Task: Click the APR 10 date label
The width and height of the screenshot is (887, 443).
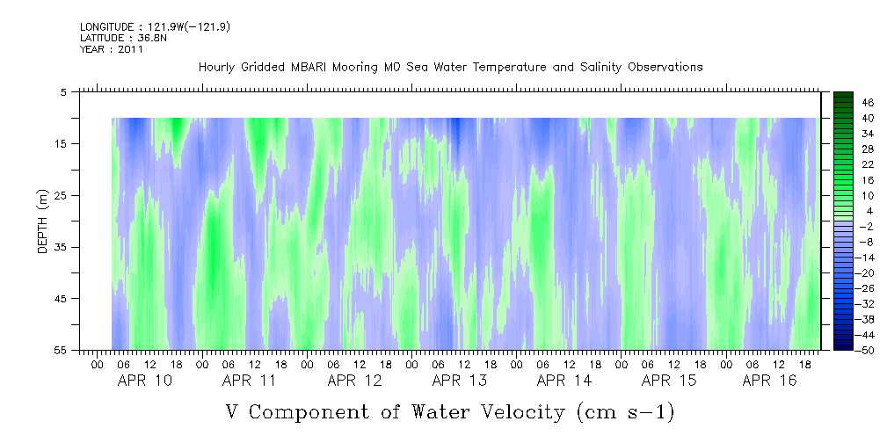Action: click(145, 381)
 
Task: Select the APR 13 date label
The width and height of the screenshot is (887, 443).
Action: click(460, 381)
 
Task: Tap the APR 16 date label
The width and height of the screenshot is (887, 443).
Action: click(769, 381)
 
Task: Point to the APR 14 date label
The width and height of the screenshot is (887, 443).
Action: click(564, 381)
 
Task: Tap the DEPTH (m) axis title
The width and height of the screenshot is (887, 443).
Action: click(43, 221)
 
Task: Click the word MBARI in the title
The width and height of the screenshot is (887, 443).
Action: click(310, 68)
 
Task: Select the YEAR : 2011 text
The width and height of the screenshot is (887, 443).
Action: click(112, 49)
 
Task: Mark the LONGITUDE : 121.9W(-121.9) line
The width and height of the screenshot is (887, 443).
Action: click(155, 26)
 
